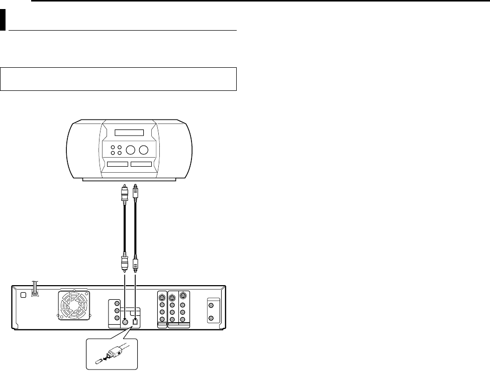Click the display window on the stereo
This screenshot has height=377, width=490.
click(x=129, y=133)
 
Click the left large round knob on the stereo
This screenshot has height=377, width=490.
click(x=131, y=150)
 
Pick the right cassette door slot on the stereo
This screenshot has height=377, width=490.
click(x=141, y=164)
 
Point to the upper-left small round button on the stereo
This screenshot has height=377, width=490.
click(x=113, y=147)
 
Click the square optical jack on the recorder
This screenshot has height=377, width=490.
click(x=135, y=321)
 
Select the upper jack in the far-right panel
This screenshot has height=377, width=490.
click(x=211, y=305)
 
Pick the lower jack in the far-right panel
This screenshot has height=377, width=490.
click(x=211, y=318)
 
